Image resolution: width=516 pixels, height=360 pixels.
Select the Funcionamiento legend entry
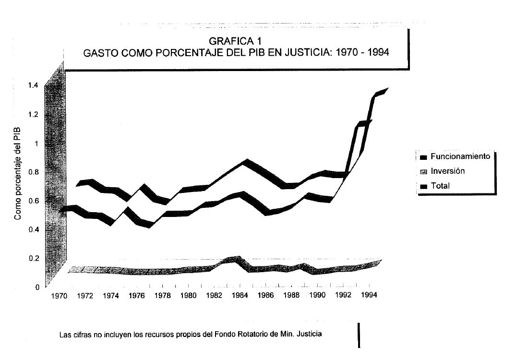tap(460, 156)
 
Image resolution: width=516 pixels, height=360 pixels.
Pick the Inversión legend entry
tap(447, 171)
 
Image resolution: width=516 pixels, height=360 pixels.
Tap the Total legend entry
tap(440, 186)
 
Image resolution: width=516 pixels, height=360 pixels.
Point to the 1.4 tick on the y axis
tap(34, 85)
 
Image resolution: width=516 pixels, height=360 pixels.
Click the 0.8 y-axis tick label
tap(34, 172)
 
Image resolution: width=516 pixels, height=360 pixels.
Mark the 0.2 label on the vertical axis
tap(34, 258)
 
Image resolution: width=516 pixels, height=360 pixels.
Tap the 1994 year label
tap(368, 295)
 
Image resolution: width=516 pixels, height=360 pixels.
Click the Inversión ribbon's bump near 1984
tap(235, 260)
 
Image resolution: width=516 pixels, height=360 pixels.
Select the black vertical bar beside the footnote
tap(359, 335)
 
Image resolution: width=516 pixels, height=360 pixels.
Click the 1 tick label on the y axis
tap(36, 143)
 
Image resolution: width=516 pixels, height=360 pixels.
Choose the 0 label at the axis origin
tap(36, 287)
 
